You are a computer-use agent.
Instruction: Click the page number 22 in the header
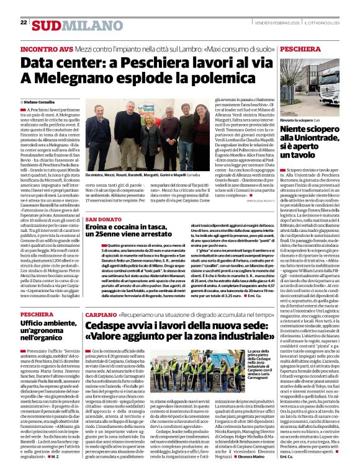(x=24, y=22)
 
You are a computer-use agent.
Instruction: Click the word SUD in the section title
(x=47, y=25)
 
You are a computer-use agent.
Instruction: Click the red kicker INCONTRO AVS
(x=44, y=48)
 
